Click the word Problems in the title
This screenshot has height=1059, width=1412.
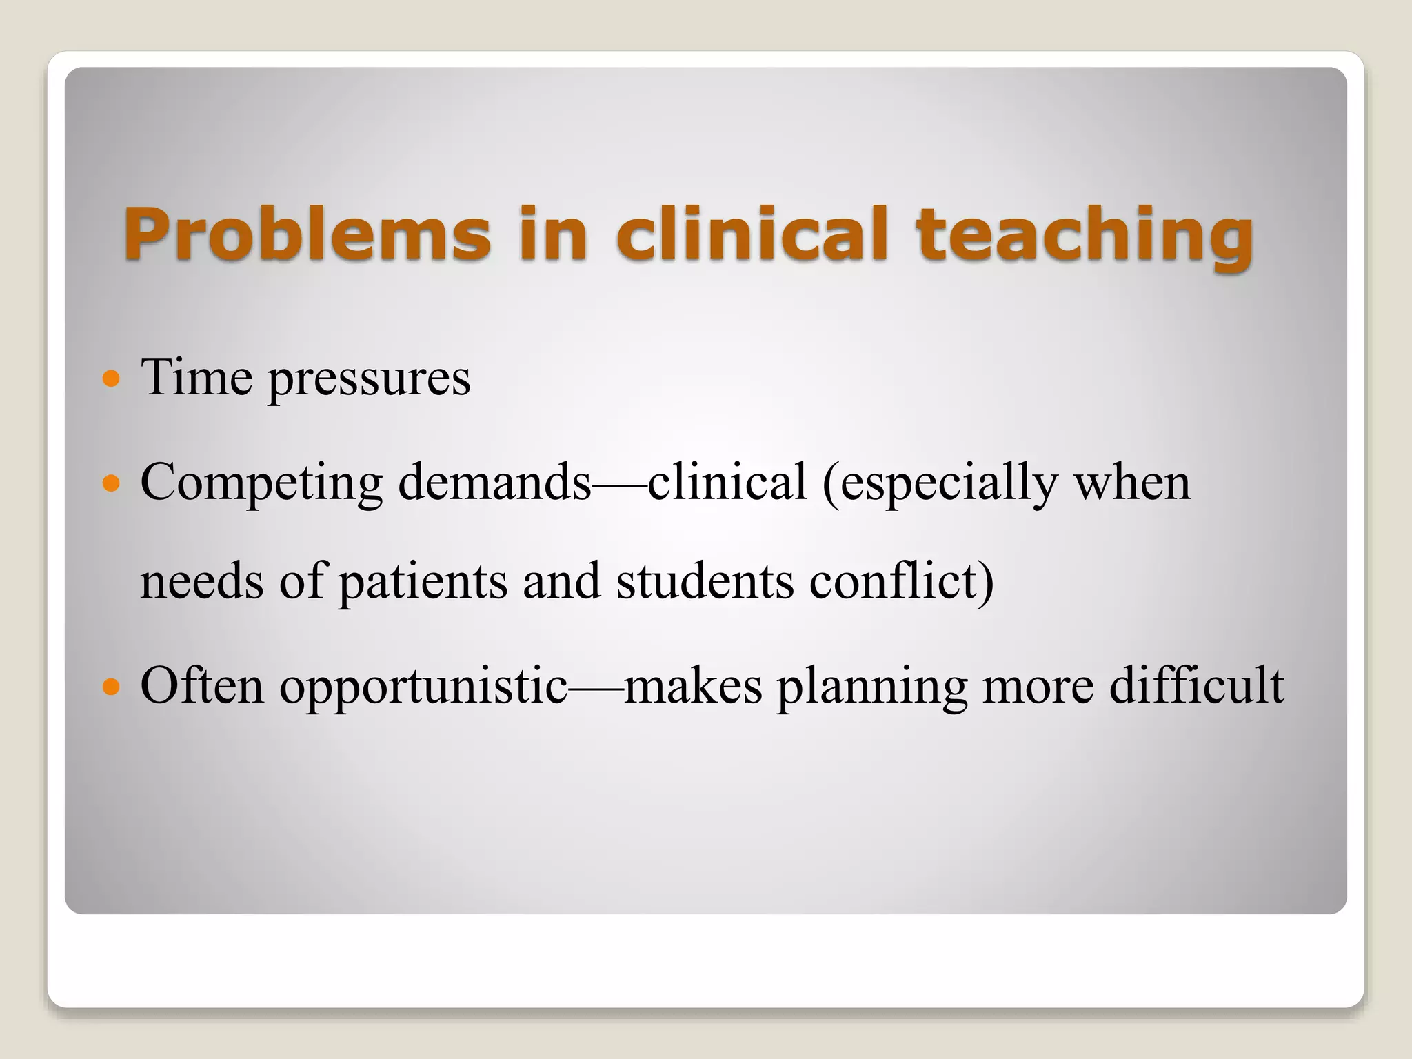pyautogui.click(x=307, y=234)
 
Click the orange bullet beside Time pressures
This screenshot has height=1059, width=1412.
pyautogui.click(x=110, y=379)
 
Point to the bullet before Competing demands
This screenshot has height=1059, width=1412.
pyautogui.click(x=110, y=483)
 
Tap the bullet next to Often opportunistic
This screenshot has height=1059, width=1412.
pyautogui.click(x=110, y=687)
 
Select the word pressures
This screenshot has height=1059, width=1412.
pyautogui.click(x=369, y=379)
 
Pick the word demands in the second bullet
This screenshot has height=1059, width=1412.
pyautogui.click(x=494, y=482)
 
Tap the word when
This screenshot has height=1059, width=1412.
pyautogui.click(x=1131, y=482)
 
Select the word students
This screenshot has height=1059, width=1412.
pyautogui.click(x=704, y=581)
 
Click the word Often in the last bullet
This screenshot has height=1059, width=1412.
pyautogui.click(x=201, y=685)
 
